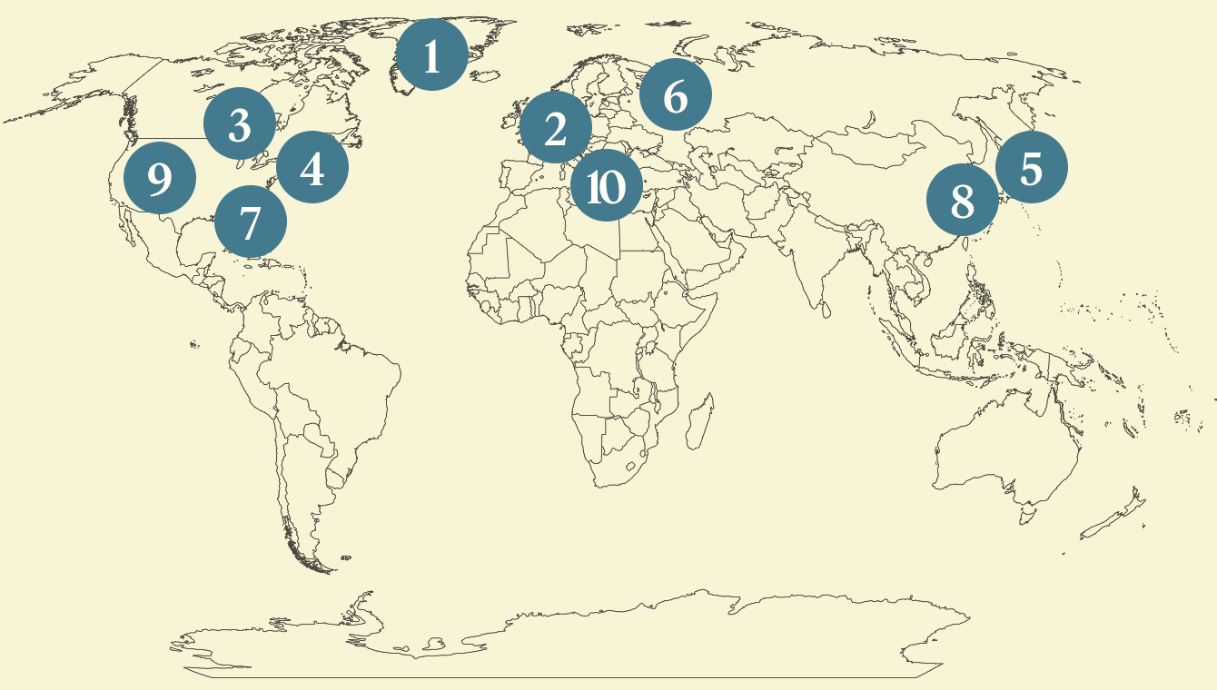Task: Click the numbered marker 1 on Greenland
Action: (x=431, y=54)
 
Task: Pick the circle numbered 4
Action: (x=312, y=167)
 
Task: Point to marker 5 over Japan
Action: (x=1031, y=167)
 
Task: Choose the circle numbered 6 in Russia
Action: (x=675, y=94)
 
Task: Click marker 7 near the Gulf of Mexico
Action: (x=251, y=221)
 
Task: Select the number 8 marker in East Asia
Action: (x=963, y=200)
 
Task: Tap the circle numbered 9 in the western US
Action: (x=159, y=178)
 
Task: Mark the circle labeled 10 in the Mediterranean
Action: (x=606, y=186)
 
